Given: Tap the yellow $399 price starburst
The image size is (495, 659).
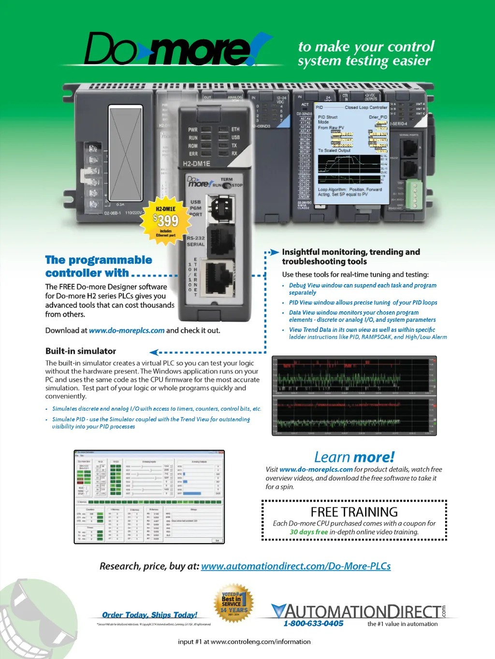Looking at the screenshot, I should (x=166, y=220).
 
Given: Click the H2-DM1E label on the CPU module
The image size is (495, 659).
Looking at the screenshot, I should (x=196, y=164).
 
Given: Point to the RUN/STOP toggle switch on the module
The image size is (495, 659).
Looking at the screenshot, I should (x=226, y=186).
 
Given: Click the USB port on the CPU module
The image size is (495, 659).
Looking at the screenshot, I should (x=222, y=208).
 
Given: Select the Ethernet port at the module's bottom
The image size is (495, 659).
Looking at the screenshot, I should (x=220, y=277).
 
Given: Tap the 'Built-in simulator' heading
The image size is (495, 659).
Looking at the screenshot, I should (x=81, y=351).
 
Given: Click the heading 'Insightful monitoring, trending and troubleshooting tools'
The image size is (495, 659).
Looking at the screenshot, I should (x=351, y=257).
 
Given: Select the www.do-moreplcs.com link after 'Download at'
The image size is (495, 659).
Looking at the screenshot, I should (x=127, y=330).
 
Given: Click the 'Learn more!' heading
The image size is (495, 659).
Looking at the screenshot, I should (x=354, y=457).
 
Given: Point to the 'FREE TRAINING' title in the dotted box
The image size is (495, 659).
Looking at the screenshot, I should (x=354, y=512).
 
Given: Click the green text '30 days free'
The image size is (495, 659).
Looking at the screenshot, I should (x=308, y=532).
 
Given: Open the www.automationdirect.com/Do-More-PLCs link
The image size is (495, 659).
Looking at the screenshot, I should (x=296, y=566).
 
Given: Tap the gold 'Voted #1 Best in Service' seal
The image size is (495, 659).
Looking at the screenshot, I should (x=233, y=603).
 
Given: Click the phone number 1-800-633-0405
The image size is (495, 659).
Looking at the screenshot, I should (x=313, y=623).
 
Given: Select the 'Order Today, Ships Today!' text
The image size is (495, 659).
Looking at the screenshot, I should (x=150, y=615).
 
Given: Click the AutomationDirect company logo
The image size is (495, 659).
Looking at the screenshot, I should (x=358, y=611).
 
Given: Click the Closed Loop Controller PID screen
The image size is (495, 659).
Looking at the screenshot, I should (x=351, y=150).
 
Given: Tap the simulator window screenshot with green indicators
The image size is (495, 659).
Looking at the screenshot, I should (x=149, y=497).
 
